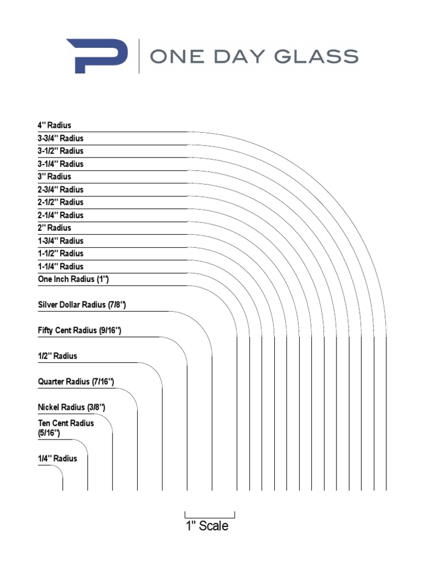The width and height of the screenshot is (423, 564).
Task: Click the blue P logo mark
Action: pyautogui.click(x=97, y=56)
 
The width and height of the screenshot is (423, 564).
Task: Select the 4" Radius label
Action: pyautogui.click(x=55, y=126)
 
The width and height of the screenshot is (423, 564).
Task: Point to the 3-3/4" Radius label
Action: pyautogui.click(x=61, y=138)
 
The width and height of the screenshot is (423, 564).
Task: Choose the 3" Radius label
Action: pyautogui.click(x=55, y=177)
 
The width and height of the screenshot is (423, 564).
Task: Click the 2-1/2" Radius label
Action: pyautogui.click(x=61, y=202)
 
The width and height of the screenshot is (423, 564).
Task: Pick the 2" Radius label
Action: pyautogui.click(x=55, y=228)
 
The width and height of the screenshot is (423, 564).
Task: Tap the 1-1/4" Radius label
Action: pyautogui.click(x=61, y=267)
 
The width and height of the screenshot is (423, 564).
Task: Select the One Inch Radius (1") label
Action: pyautogui.click(x=73, y=279)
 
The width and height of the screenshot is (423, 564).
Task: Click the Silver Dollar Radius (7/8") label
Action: pyautogui.click(x=85, y=305)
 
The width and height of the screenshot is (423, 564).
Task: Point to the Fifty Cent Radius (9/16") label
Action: pyautogui.click(x=79, y=330)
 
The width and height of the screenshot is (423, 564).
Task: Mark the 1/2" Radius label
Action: pyautogui.click(x=57, y=356)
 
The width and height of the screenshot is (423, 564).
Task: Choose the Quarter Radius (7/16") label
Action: pyautogui.click(x=76, y=382)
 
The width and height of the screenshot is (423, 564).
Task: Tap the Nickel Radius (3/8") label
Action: pyautogui.click(x=71, y=408)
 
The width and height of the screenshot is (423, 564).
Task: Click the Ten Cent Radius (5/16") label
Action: pyautogui.click(x=66, y=428)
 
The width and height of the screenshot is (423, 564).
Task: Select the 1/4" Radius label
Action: pyautogui.click(x=57, y=458)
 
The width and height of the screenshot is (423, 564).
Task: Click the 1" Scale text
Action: pyautogui.click(x=207, y=526)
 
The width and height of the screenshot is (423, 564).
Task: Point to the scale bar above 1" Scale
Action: pyautogui.click(x=210, y=517)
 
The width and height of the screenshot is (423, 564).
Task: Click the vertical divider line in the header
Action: pyautogui.click(x=139, y=56)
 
